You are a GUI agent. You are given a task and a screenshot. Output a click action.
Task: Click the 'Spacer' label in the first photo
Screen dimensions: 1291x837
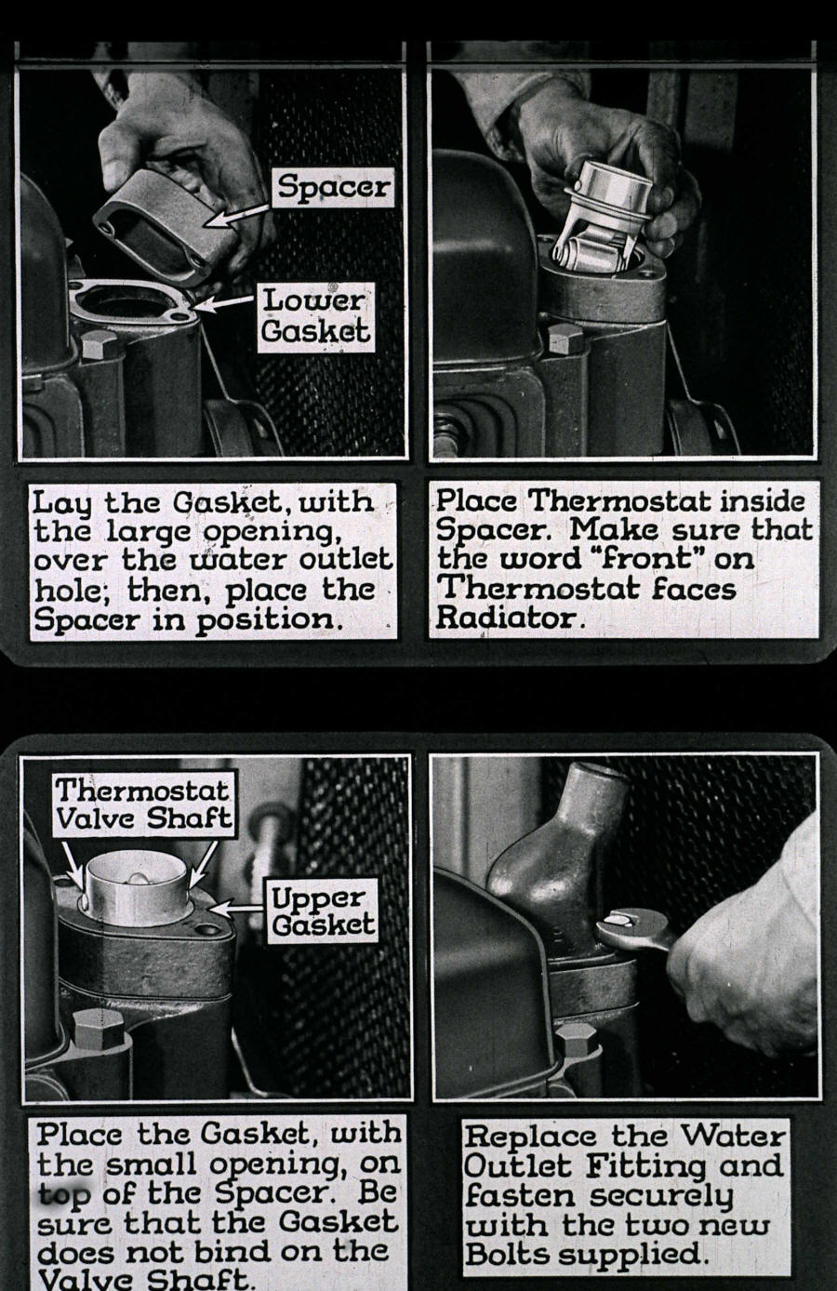(x=334, y=187)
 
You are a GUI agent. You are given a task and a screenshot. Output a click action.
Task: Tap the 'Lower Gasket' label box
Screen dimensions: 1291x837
(x=315, y=316)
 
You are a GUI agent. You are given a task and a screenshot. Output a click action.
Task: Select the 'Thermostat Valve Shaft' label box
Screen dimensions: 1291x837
(x=142, y=805)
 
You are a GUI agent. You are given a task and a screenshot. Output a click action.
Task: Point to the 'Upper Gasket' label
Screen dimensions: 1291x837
(x=323, y=911)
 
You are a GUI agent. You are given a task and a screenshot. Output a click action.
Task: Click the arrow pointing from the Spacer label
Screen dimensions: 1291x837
(x=239, y=213)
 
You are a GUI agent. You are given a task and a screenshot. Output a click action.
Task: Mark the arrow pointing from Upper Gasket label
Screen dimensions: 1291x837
(x=238, y=903)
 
